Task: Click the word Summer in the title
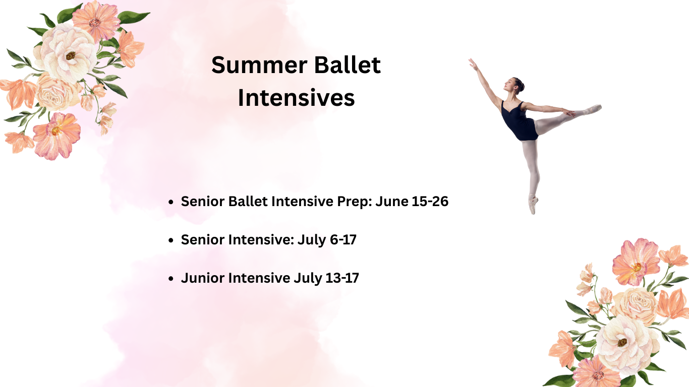(x=259, y=65)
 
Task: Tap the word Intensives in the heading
(x=296, y=98)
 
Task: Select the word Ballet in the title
(x=348, y=65)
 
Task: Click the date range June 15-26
(x=412, y=202)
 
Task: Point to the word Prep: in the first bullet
(x=355, y=202)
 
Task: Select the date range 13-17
(x=342, y=278)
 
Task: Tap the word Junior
(x=203, y=278)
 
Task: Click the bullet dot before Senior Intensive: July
(x=171, y=240)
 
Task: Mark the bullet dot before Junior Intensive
(x=171, y=279)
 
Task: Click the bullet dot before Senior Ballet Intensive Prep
(x=171, y=202)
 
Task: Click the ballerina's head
(x=513, y=85)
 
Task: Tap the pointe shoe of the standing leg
(x=533, y=205)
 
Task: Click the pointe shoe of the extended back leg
(x=593, y=109)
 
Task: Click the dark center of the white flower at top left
(x=71, y=55)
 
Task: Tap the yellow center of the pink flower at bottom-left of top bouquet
(x=56, y=131)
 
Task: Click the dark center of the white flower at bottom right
(x=622, y=343)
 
